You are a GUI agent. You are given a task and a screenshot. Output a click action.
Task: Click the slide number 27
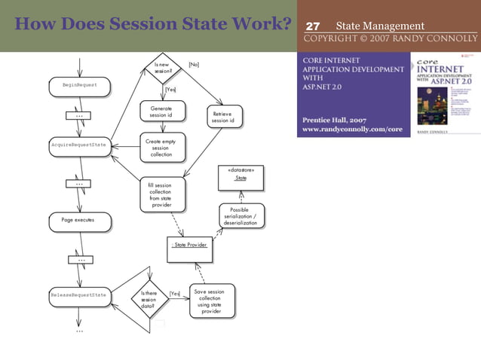pyautogui.click(x=313, y=26)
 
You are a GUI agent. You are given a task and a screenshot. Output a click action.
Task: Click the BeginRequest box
pyautogui.click(x=79, y=86)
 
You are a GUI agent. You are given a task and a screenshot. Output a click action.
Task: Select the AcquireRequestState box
pyautogui.click(x=79, y=144)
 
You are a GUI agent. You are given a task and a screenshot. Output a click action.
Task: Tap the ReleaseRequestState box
pyautogui.click(x=79, y=294)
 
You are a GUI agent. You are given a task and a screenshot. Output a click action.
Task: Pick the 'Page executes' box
pyautogui.click(x=78, y=221)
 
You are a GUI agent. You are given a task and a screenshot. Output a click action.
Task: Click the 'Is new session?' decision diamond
pyautogui.click(x=164, y=69)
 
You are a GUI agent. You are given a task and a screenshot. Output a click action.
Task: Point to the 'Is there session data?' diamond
pyautogui.click(x=149, y=300)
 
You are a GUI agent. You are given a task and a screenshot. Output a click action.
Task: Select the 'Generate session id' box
pyautogui.click(x=161, y=111)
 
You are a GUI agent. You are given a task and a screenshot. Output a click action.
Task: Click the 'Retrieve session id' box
pyautogui.click(x=222, y=117)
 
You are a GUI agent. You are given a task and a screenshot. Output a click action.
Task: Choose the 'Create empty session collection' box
pyautogui.click(x=161, y=148)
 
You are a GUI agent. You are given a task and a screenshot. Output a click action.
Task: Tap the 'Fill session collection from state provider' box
pyautogui.click(x=161, y=194)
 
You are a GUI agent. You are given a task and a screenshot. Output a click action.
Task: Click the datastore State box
pyautogui.click(x=240, y=175)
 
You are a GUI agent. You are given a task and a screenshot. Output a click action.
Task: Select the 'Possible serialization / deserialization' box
pyautogui.click(x=241, y=217)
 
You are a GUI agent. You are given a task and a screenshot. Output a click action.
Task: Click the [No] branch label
pyautogui.click(x=194, y=65)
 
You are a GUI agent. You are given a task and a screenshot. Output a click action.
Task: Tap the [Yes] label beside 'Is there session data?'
pyautogui.click(x=175, y=294)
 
